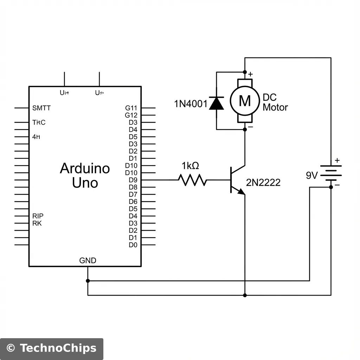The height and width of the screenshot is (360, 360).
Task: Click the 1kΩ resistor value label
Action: [190, 166]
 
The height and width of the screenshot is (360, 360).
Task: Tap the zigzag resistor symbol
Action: [192, 180]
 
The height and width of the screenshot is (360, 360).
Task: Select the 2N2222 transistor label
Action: [263, 182]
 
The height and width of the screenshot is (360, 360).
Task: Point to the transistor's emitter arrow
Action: [241, 191]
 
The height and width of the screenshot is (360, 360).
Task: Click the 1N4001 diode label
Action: [191, 104]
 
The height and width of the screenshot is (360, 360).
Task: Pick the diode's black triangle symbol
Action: [217, 103]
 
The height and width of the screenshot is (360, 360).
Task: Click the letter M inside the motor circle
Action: [245, 101]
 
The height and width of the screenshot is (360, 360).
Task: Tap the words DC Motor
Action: [275, 103]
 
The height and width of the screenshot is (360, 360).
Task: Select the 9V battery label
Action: [312, 175]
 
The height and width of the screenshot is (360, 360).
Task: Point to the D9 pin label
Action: [133, 180]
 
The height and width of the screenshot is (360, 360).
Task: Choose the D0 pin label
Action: [133, 245]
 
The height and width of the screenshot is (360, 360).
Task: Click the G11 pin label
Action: [131, 108]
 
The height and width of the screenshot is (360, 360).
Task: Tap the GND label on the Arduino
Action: [88, 261]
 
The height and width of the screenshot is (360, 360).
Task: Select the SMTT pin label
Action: [41, 108]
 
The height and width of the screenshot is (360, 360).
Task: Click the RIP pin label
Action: [38, 216]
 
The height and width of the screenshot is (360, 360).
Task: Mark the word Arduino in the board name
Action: [85, 168]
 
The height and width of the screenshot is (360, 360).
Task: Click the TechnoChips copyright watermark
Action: [52, 348]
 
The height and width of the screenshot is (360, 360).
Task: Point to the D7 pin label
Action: [133, 194]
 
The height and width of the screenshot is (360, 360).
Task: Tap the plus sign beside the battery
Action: [337, 160]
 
